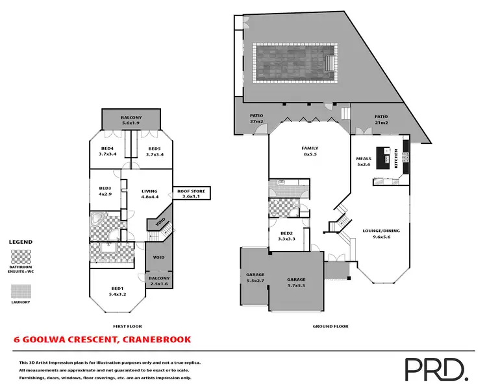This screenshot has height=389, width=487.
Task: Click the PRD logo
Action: pos(436,369)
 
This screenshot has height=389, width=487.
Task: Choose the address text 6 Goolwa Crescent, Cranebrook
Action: pos(103,340)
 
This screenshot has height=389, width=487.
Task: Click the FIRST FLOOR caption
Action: pos(127,326)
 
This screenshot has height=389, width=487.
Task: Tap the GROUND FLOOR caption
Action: pos(331,326)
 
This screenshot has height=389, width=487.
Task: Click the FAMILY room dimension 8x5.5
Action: pos(310,154)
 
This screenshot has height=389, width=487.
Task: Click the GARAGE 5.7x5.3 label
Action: pos(296,282)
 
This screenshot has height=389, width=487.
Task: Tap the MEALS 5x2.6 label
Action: pos(363,161)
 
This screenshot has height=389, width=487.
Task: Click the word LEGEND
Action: pos(21,242)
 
